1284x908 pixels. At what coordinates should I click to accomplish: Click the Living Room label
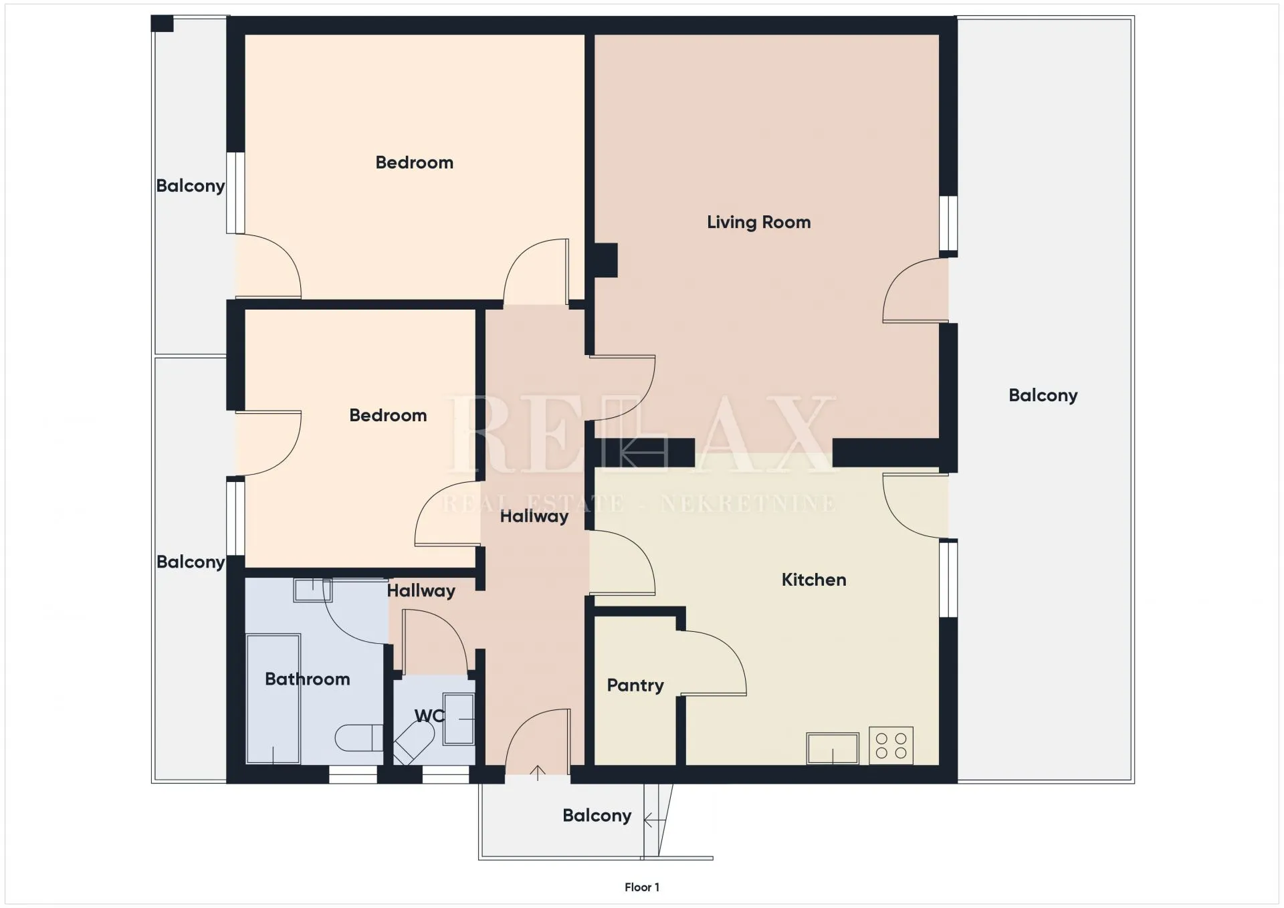(758, 223)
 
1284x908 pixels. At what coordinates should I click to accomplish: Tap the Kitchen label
(814, 580)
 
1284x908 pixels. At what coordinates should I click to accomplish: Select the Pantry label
(635, 686)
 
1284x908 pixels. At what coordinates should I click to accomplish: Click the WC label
(429, 716)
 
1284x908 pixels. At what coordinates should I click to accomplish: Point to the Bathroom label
(308, 679)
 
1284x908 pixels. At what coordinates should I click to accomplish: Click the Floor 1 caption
(642, 887)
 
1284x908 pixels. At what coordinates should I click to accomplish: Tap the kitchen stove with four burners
(891, 746)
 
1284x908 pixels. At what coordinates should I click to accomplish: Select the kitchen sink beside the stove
(833, 748)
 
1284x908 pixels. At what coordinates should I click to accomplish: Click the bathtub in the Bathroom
(273, 699)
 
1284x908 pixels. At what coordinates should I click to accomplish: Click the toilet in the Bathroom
(358, 738)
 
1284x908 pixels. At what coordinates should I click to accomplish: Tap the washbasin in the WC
(459, 719)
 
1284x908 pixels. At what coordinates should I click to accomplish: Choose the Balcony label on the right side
(1043, 396)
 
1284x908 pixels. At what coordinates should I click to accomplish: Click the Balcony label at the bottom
(597, 816)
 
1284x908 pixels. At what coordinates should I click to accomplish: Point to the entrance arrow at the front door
(538, 773)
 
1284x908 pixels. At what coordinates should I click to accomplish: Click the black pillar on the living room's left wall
(606, 260)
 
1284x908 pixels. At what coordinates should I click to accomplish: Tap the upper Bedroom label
(415, 162)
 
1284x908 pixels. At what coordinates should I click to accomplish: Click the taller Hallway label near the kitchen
(534, 516)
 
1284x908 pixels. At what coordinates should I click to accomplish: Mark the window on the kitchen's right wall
(948, 578)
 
